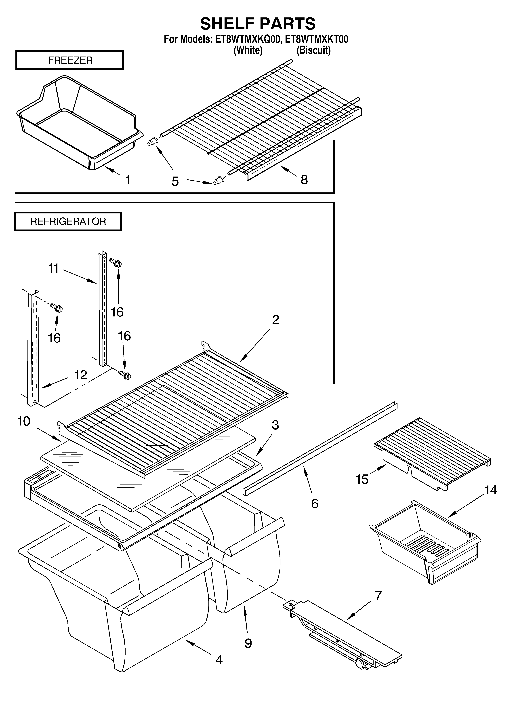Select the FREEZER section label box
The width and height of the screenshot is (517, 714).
[70, 60]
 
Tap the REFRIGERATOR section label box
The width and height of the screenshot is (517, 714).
[68, 221]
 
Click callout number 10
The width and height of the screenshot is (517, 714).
[24, 421]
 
